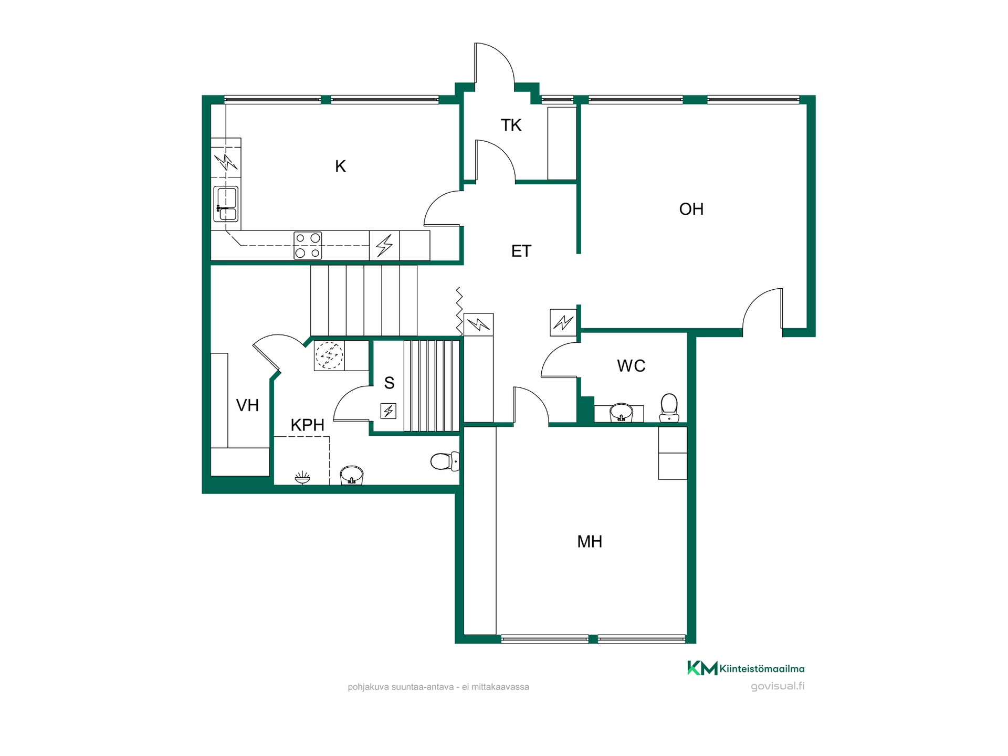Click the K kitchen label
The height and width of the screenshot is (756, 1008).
(x=340, y=166)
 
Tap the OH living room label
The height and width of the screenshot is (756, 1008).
(x=691, y=209)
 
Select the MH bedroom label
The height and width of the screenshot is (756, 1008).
(x=590, y=541)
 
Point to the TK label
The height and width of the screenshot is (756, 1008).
(x=511, y=125)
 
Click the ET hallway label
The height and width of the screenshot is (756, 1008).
(x=521, y=251)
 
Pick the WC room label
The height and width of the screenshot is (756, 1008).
(x=631, y=365)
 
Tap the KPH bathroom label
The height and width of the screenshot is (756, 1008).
(x=307, y=425)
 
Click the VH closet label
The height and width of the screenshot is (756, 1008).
(x=247, y=405)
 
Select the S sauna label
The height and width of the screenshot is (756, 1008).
(x=389, y=383)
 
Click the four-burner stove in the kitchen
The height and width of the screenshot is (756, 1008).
(x=308, y=245)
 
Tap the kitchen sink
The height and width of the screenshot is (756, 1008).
(x=226, y=204)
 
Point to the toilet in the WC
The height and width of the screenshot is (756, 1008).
(x=669, y=408)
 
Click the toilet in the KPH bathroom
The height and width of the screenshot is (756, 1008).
(x=445, y=461)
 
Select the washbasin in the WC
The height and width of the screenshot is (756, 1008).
(x=621, y=413)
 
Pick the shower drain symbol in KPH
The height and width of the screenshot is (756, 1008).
(x=302, y=477)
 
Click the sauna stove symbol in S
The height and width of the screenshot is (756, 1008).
(x=388, y=411)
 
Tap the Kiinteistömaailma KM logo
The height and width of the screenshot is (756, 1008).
(x=702, y=668)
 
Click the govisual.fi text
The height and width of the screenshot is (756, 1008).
(x=778, y=686)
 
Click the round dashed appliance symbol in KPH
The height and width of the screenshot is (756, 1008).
(x=329, y=355)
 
